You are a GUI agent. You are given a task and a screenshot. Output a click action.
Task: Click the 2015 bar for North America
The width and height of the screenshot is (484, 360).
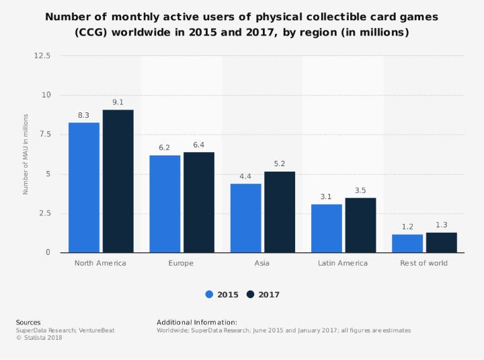[84, 187]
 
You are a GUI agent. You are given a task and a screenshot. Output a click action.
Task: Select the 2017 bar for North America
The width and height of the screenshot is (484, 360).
[118, 181]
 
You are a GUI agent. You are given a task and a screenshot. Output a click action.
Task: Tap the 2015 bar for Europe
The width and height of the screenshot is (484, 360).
[165, 204]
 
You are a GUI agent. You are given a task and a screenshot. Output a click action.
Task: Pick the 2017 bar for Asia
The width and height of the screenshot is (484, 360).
[279, 212]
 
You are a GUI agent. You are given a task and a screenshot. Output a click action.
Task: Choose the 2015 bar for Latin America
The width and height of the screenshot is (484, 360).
[326, 228]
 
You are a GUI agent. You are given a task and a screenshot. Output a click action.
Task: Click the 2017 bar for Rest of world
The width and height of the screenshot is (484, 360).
[441, 242]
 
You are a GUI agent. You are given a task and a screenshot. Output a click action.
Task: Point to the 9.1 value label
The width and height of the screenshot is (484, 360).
[118, 102]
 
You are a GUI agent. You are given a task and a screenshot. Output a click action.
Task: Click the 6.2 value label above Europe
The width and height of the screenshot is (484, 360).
[165, 148]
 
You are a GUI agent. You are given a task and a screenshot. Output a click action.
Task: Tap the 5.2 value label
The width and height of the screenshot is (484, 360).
[279, 164]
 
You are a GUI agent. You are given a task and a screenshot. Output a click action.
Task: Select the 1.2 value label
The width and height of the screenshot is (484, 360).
[407, 227]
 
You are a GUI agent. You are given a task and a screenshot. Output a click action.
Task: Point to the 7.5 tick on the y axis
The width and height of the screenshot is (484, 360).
[44, 135]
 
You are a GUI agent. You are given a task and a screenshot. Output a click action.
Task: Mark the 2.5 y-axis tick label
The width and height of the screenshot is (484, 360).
[44, 213]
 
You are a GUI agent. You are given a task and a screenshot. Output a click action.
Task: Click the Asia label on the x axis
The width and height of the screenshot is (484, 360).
[262, 263]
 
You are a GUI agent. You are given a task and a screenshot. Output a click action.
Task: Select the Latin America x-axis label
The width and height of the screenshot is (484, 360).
[343, 263]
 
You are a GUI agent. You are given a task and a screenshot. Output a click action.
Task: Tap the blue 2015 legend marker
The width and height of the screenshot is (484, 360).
[209, 294]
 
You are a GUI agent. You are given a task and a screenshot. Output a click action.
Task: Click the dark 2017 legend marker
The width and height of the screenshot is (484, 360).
[251, 294]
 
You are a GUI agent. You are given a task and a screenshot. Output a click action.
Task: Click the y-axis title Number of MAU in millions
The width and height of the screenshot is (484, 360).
[26, 154]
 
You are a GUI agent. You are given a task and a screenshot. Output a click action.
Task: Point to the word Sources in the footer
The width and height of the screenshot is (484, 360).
[28, 322]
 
